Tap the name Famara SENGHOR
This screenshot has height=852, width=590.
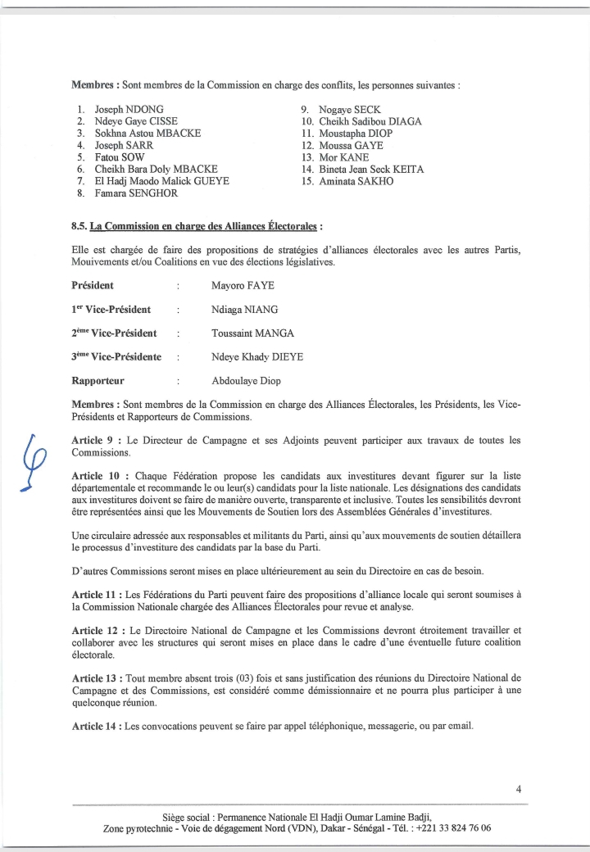pos(137,193)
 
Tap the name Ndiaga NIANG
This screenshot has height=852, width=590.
pos(245,310)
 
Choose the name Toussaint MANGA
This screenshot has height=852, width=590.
pos(252,333)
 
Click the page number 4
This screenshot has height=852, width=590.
pos(519,789)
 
